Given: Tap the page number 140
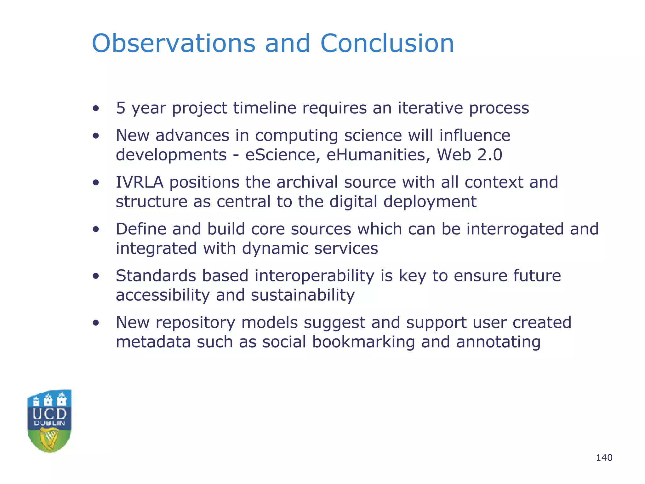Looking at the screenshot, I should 604,458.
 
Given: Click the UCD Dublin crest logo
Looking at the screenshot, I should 49,421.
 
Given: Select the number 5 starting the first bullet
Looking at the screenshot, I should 121,108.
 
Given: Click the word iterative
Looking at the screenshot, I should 430,108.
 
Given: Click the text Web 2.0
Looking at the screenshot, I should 469,155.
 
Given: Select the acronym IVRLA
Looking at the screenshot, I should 140,182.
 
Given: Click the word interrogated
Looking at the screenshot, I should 515,229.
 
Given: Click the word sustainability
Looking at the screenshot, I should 303,295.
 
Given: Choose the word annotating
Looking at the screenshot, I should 498,342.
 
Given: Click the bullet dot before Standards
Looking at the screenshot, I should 96,276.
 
